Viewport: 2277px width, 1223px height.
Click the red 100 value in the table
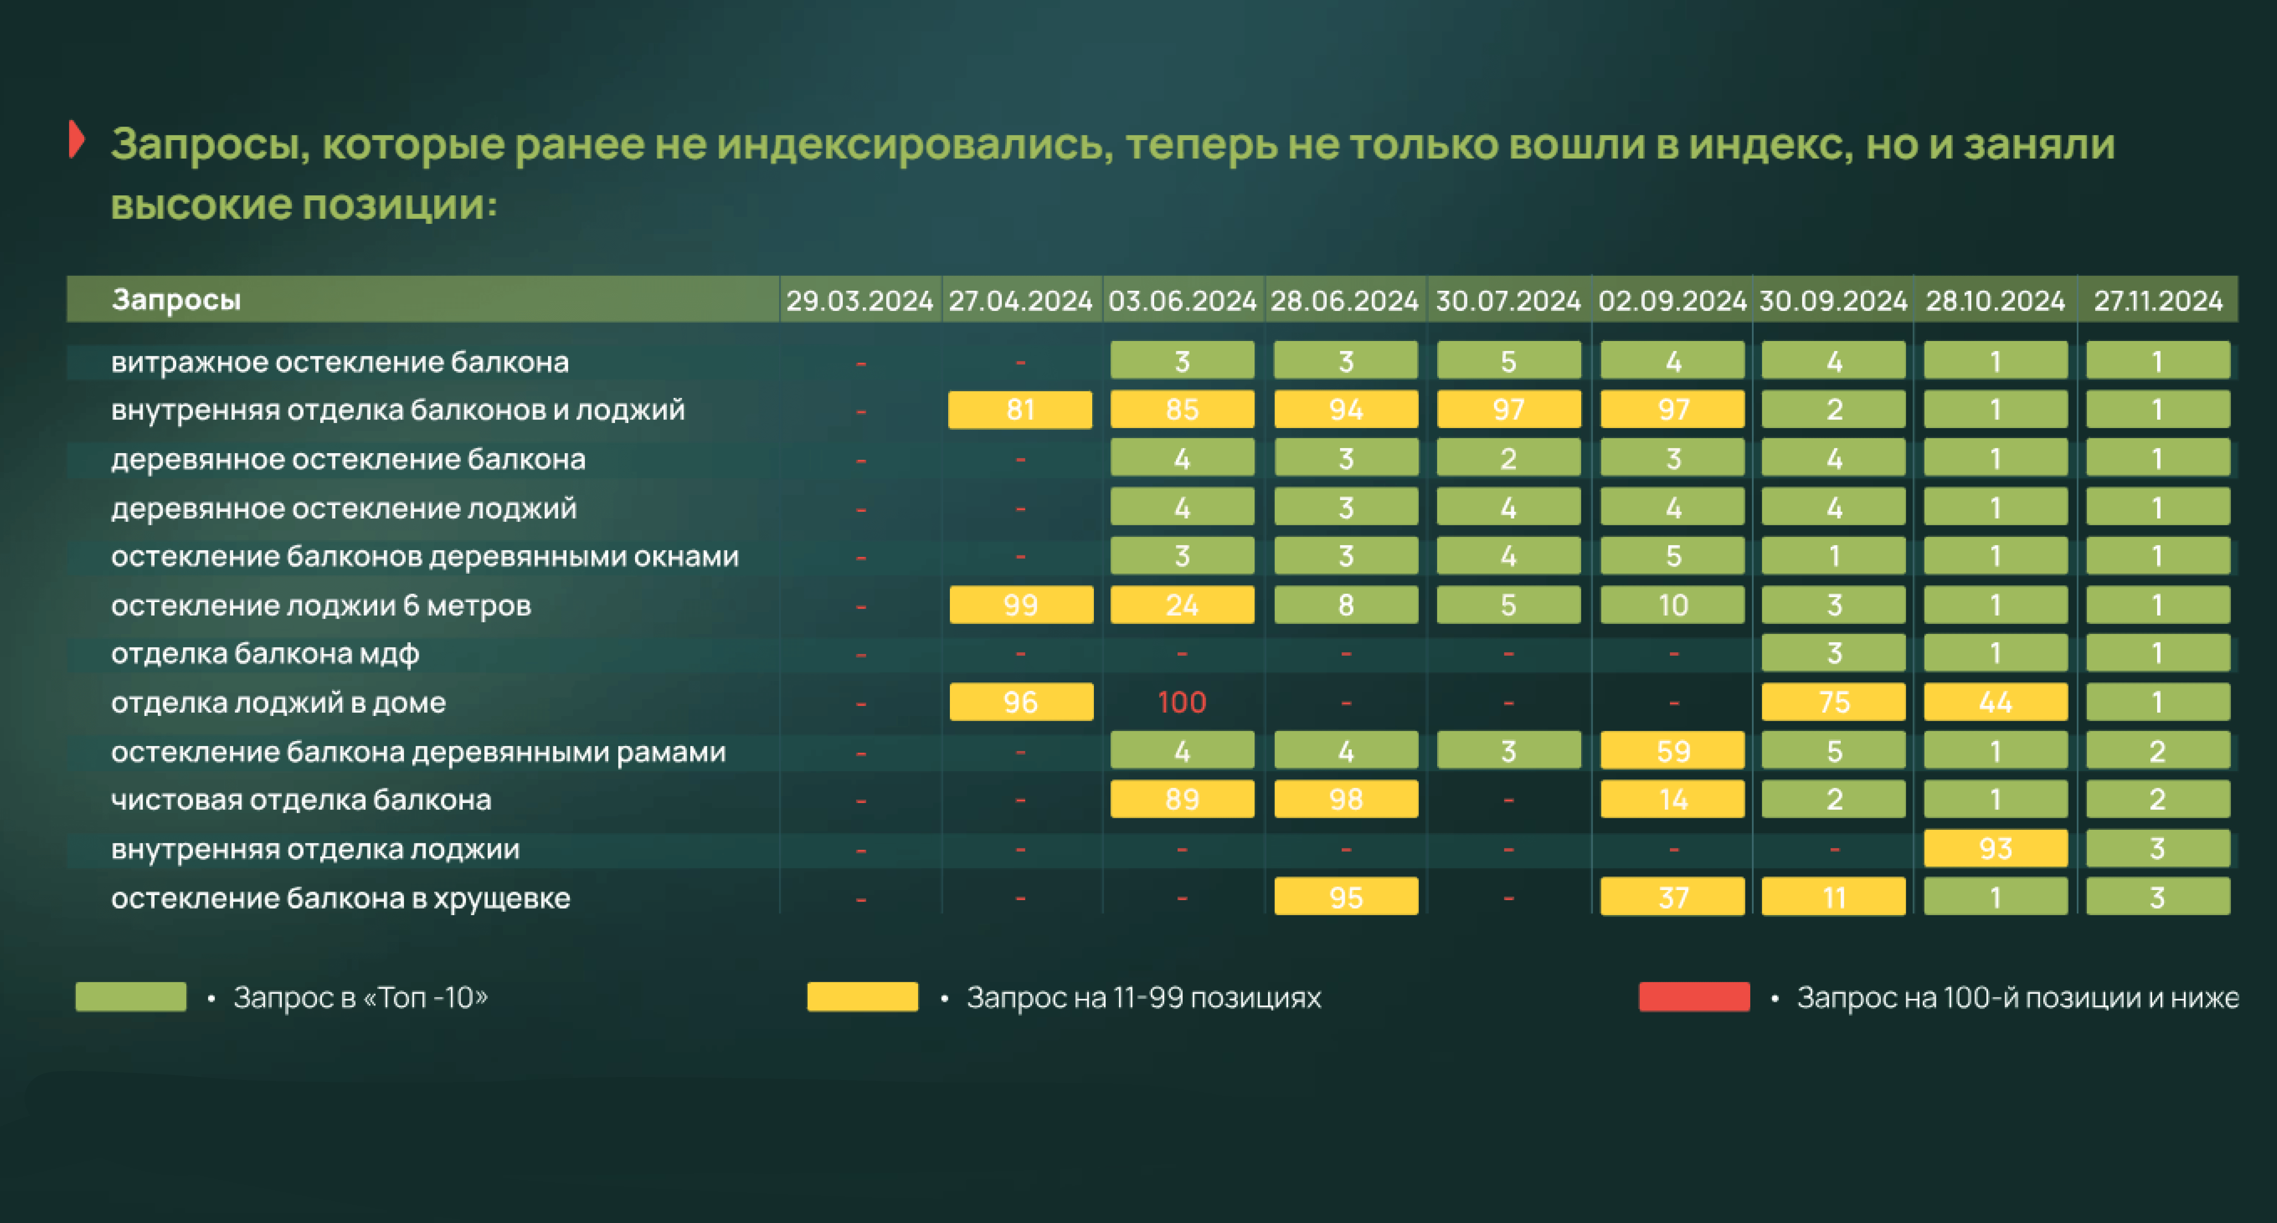[x=1182, y=702]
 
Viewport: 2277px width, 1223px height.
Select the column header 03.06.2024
[x=1182, y=301]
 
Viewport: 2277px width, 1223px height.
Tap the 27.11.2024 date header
[x=2158, y=301]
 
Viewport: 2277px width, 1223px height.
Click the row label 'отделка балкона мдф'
[x=265, y=654]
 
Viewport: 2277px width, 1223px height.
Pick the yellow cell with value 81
[x=1020, y=410]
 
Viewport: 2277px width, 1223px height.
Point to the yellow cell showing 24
[x=1182, y=605]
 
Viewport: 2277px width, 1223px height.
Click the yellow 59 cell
[x=1672, y=751]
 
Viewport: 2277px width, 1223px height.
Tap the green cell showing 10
[x=1672, y=605]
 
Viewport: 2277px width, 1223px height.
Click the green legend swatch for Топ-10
[x=131, y=997]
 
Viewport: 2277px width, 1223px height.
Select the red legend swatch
[x=1694, y=997]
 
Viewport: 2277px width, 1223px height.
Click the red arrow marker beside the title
[x=77, y=140]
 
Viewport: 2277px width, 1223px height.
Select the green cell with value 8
[x=1345, y=605]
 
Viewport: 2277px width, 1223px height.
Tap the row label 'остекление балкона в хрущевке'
[x=340, y=898]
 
